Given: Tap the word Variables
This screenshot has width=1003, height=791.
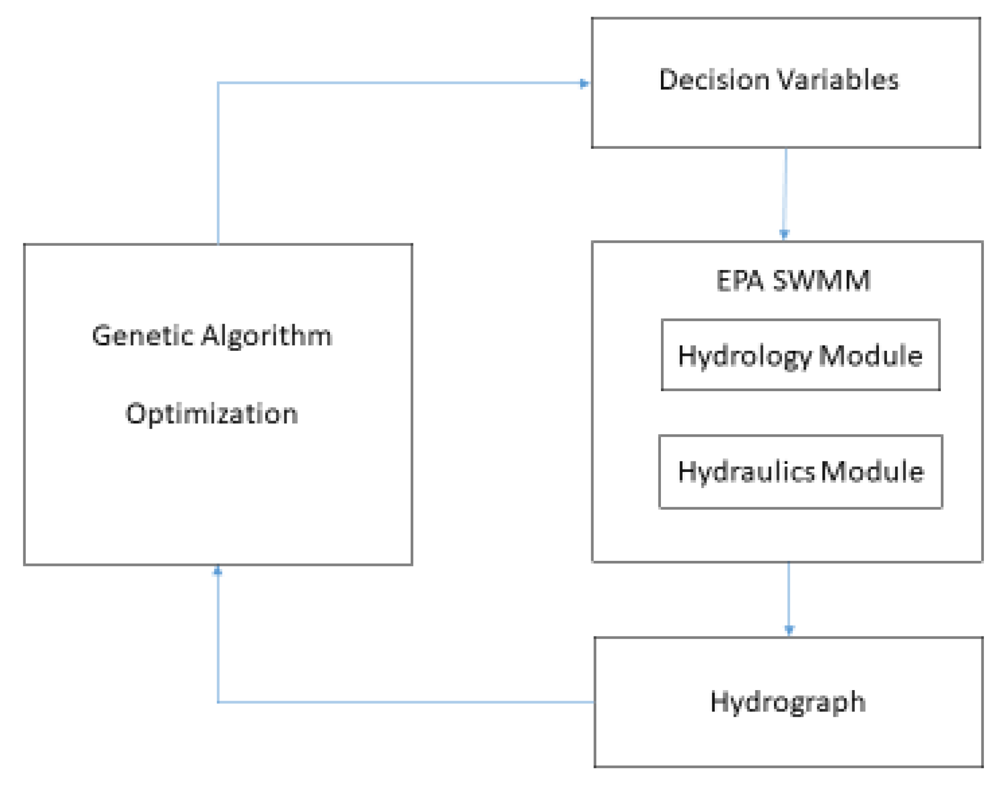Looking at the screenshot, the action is click(838, 80).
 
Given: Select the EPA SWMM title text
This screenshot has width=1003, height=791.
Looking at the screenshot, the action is click(794, 281).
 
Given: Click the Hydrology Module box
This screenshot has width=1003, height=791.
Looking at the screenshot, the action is click(800, 355).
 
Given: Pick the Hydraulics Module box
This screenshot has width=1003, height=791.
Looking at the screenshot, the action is click(800, 471).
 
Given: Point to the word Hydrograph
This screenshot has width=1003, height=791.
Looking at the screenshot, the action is click(788, 703).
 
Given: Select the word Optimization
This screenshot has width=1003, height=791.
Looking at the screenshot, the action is click(212, 414).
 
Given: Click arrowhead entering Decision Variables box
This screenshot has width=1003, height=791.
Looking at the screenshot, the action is click(584, 83).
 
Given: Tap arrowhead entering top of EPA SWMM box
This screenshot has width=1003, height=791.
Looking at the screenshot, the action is click(784, 234).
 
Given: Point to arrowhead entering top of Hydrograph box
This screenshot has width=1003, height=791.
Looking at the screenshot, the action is click(789, 630).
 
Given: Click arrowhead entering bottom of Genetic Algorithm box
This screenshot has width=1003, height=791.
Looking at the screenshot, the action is click(218, 571).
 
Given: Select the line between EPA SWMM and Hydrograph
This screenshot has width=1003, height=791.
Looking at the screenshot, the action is click(789, 596).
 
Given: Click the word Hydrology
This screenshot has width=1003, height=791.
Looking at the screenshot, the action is click(745, 356).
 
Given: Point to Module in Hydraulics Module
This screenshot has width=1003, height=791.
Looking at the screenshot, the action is click(872, 471).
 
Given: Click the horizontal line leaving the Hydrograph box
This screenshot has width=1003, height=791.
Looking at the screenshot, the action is click(404, 702).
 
